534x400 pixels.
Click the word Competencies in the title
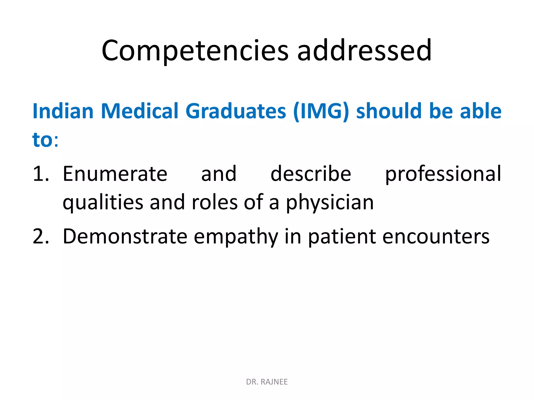coord(195,51)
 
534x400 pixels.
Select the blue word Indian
coord(63,111)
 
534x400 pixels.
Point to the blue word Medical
coord(139,111)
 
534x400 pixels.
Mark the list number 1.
coord(40,174)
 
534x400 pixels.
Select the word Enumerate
coord(115,174)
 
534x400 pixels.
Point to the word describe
coord(311,174)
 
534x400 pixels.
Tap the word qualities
coord(103,203)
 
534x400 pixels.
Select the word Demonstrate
coord(125,236)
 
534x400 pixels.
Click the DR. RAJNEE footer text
coord(267,382)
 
